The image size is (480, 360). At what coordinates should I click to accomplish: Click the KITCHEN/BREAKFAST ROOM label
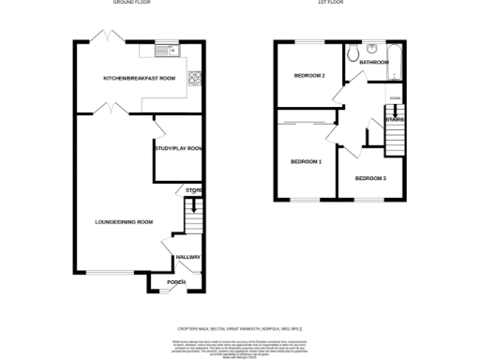[x=140, y=79]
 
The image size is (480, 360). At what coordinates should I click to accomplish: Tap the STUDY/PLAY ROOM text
[x=178, y=148]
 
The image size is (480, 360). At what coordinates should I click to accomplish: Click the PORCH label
[x=176, y=282]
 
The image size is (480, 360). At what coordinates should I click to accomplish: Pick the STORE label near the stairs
[x=193, y=191]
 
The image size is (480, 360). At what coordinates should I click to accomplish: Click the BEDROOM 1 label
[x=306, y=161]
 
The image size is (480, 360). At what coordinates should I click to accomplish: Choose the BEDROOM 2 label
[x=309, y=75]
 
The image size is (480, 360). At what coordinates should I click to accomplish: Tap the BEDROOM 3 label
[x=369, y=177]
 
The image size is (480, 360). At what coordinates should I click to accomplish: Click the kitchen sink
[x=166, y=51]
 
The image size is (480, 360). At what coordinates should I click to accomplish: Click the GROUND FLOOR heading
[x=133, y=3]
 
